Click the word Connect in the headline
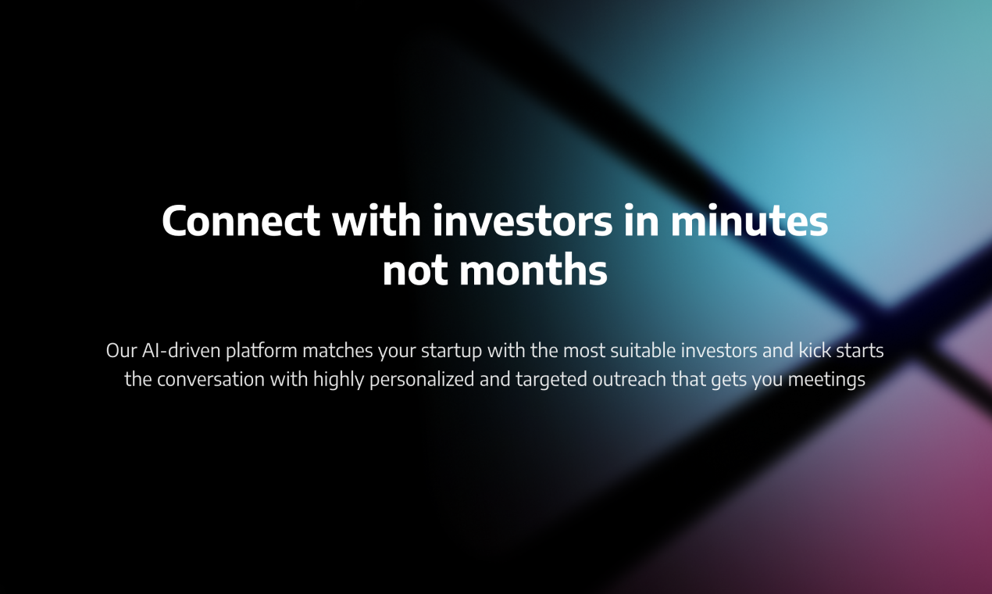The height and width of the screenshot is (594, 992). [x=241, y=221]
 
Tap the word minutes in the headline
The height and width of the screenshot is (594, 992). [x=749, y=221]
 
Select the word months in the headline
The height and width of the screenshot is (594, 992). [x=533, y=271]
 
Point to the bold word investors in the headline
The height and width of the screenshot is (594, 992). [x=523, y=221]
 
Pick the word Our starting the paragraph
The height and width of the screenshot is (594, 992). [x=121, y=350]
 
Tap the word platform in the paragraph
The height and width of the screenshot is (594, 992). [x=262, y=350]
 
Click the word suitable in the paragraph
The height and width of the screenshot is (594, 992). [x=634, y=350]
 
